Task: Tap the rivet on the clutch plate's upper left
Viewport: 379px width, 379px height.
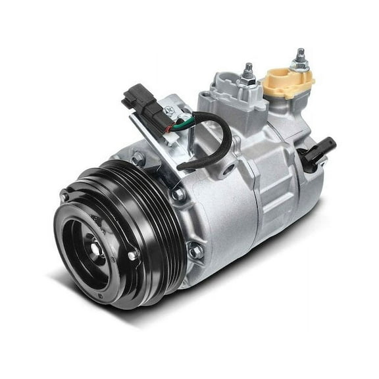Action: pyautogui.click(x=64, y=196)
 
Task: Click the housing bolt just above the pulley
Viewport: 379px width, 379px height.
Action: pyautogui.click(x=138, y=158)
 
